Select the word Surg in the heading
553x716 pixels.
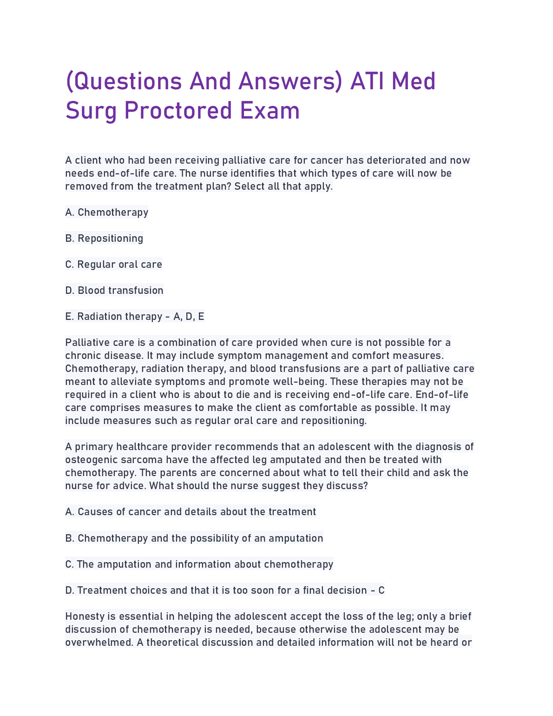(91, 112)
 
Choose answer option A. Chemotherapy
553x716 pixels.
(107, 212)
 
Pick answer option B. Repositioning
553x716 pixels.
(105, 239)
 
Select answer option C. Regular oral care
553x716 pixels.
(114, 265)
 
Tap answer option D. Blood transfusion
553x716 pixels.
(114, 291)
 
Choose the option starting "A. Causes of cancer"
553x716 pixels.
(191, 512)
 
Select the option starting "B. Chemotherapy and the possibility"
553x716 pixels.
(194, 538)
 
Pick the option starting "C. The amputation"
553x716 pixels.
(199, 564)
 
